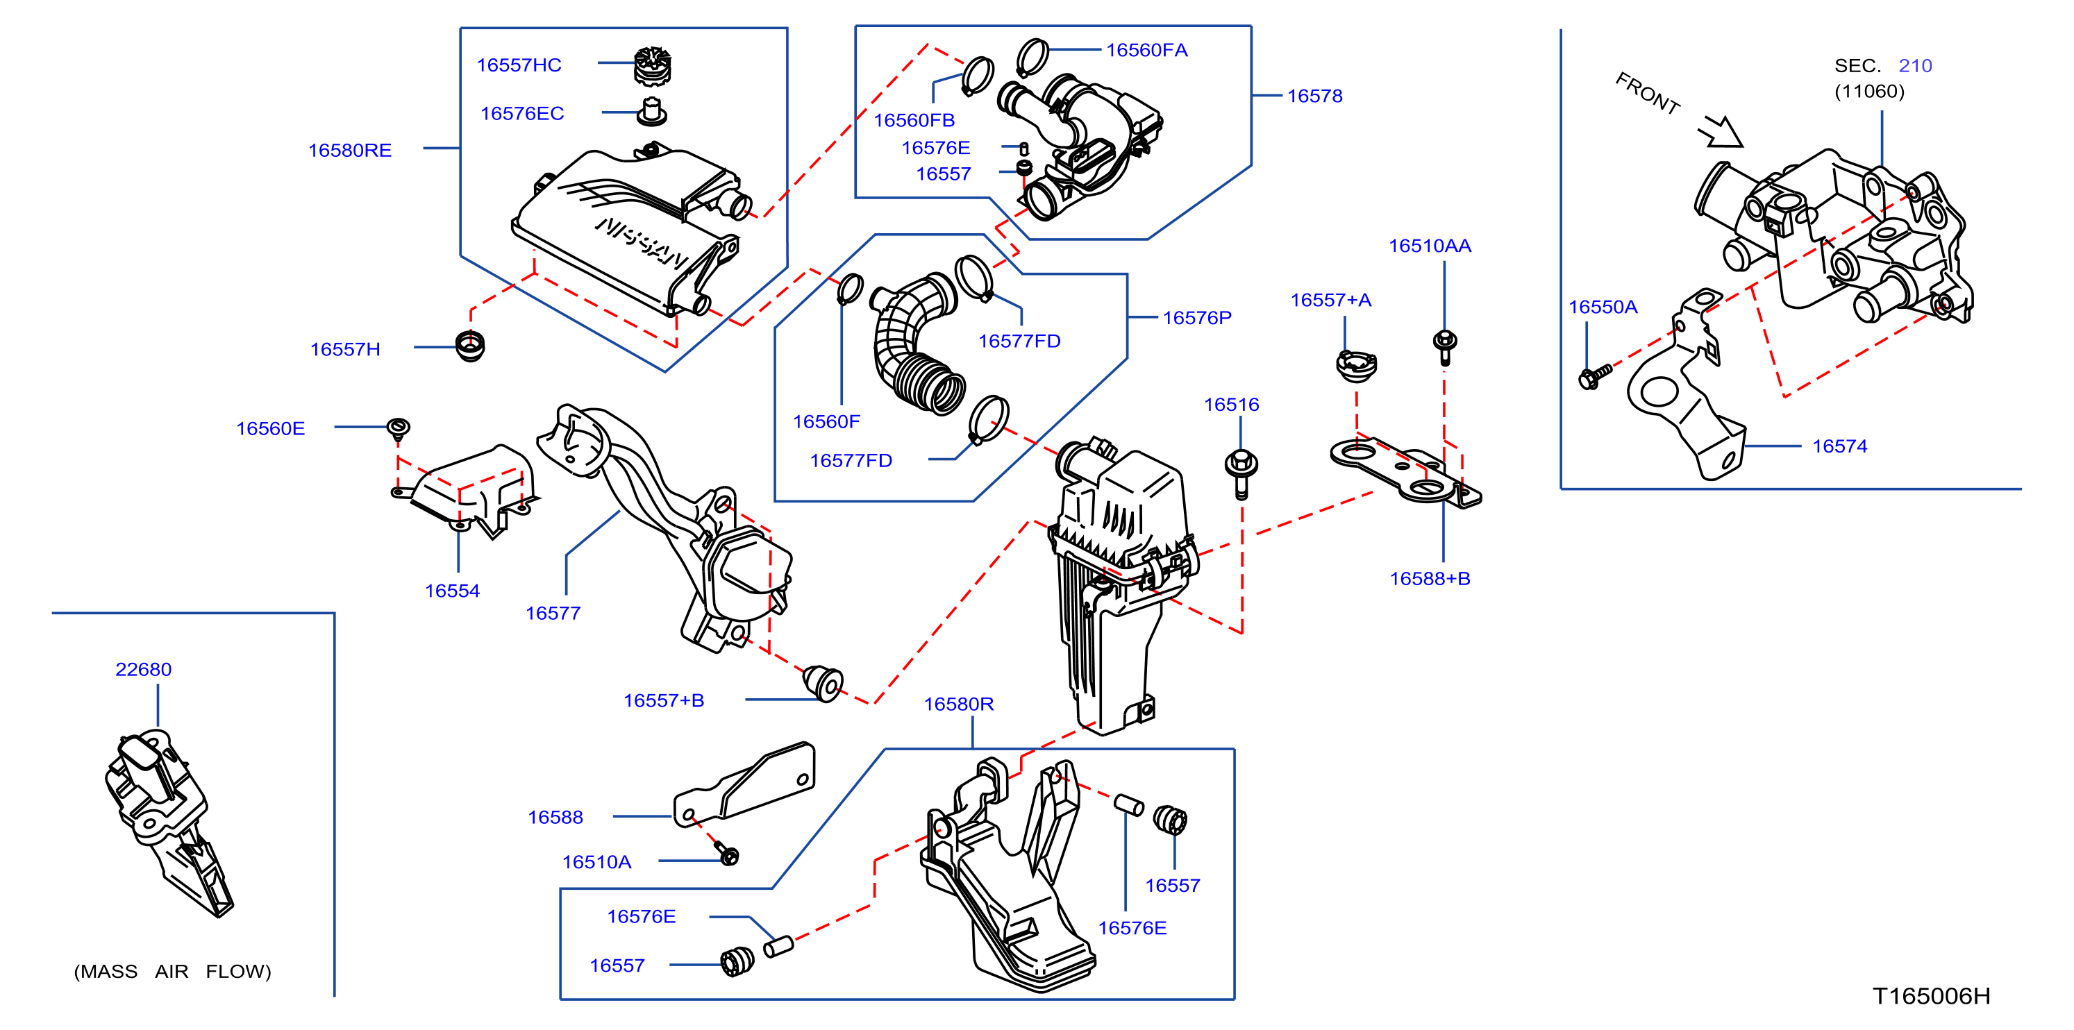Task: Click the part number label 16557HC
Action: point(519,65)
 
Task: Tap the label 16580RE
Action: point(349,151)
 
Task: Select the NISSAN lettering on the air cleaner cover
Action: point(642,242)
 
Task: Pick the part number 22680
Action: point(143,670)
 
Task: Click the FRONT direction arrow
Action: point(1721,132)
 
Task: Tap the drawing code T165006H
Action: point(1932,996)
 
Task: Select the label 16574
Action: point(1840,446)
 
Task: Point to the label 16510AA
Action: point(1430,246)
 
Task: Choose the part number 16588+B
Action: point(1430,579)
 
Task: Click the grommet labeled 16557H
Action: point(470,346)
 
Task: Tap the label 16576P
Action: point(1197,318)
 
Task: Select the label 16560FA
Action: point(1146,51)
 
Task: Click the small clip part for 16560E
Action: point(399,428)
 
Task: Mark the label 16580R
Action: point(958,704)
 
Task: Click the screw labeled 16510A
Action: point(728,854)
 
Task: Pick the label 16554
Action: point(452,591)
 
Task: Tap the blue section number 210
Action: point(1916,66)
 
